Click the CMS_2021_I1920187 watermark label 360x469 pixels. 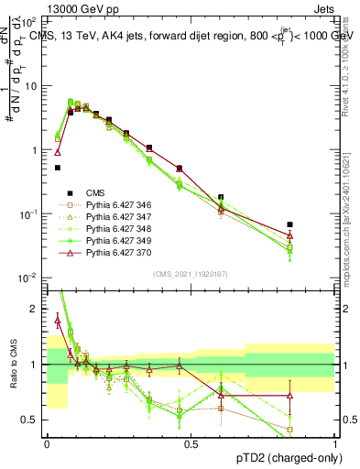(x=191, y=273)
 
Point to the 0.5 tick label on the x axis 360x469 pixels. (x=191, y=444)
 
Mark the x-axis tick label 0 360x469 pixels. (x=47, y=444)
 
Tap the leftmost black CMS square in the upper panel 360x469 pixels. (x=58, y=168)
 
